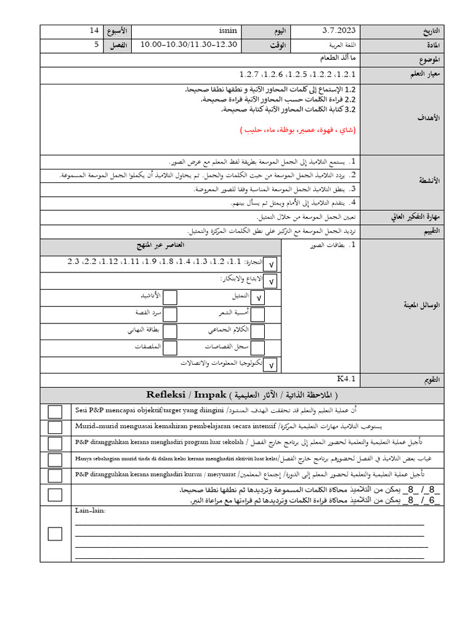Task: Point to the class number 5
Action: [x=96, y=44]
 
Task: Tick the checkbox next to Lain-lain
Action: [x=55, y=534]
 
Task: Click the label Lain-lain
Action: [x=91, y=511]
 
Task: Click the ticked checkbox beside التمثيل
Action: [x=257, y=298]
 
